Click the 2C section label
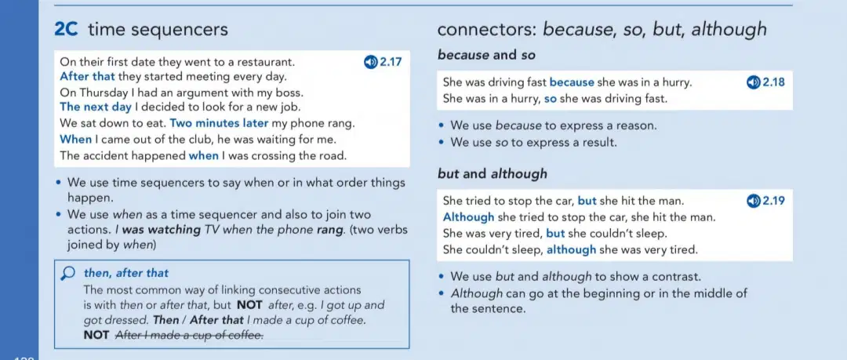(67, 29)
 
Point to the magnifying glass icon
(68, 274)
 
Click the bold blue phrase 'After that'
(88, 76)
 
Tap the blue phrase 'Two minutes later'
(219, 122)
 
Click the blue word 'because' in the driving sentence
(572, 82)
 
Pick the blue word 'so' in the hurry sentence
(551, 99)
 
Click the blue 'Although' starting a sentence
(468, 217)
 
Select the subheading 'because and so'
(486, 55)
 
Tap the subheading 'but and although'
(492, 174)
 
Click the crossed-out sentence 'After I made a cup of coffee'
(190, 335)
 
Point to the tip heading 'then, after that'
(125, 273)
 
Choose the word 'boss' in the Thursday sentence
(289, 93)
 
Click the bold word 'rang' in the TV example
(329, 229)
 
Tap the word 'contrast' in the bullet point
(676, 277)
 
